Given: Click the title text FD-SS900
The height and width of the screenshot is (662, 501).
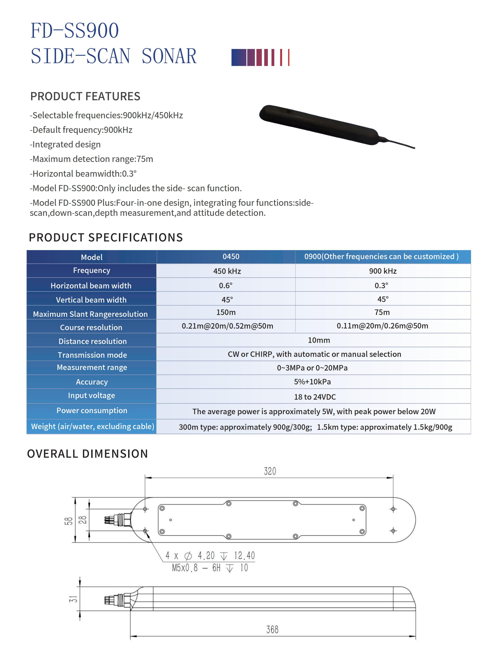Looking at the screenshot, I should tap(75, 31).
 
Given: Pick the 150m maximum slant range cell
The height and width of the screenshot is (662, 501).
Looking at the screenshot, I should tap(226, 312).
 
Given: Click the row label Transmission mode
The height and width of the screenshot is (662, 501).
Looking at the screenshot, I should tap(92, 355).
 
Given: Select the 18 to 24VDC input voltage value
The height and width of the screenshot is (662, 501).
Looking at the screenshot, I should tap(315, 397).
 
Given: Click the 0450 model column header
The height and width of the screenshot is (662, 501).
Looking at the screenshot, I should tap(231, 256).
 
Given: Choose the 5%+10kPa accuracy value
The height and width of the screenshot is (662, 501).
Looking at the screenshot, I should tap(312, 382).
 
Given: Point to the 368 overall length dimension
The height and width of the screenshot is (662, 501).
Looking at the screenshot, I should tap(272, 629).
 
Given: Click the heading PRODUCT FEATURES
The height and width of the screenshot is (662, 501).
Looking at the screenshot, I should tap(85, 96).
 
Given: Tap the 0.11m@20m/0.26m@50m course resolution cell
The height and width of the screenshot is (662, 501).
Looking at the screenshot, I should tap(382, 326).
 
